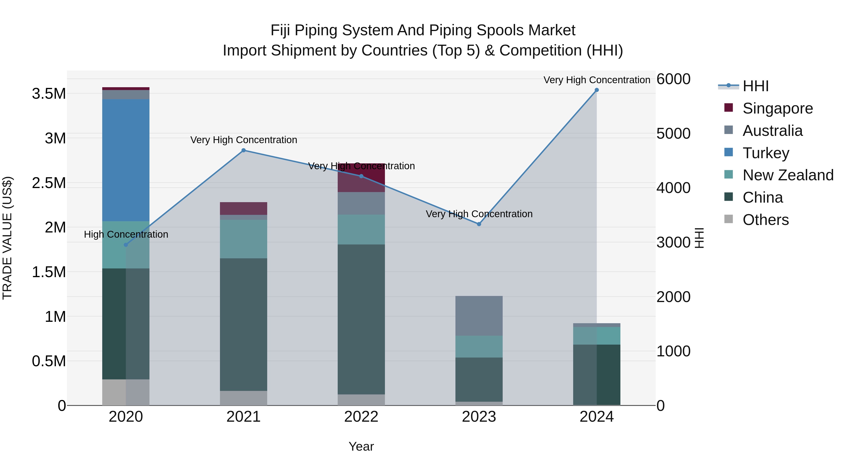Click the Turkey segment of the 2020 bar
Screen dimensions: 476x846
point(126,160)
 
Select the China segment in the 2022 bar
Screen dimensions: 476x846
point(361,319)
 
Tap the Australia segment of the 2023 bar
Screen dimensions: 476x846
point(479,316)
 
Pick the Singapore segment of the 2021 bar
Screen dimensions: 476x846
point(243,208)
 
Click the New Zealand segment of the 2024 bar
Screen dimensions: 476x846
point(597,336)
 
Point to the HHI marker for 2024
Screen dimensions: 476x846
point(597,90)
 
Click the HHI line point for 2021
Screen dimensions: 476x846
point(243,150)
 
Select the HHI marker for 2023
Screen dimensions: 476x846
point(479,224)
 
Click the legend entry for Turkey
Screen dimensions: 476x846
point(766,153)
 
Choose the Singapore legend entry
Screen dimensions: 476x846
point(777,108)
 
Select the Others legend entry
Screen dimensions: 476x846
point(765,220)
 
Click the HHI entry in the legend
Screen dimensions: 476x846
point(755,86)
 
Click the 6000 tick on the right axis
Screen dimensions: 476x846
point(673,79)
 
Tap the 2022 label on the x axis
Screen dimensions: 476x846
point(361,417)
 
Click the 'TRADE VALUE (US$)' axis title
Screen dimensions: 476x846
point(7,238)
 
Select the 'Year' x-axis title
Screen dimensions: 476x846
point(361,446)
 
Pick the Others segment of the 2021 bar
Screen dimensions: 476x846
point(243,398)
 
